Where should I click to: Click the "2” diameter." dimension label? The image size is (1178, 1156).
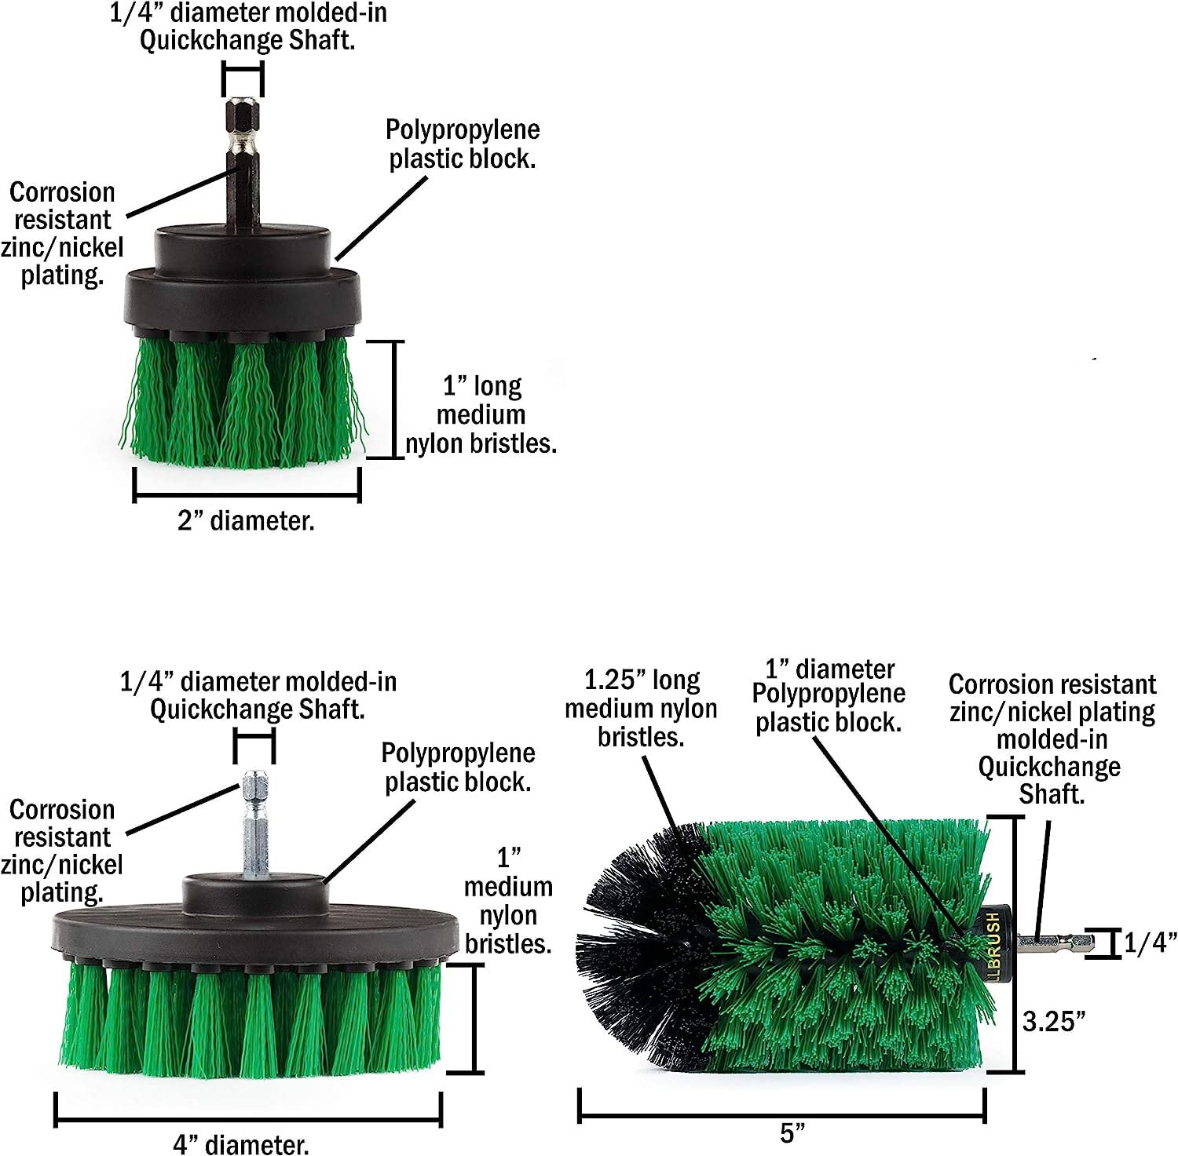[246, 520]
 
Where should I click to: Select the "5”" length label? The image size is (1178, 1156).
[793, 1132]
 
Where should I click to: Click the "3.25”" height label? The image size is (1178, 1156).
[1054, 1021]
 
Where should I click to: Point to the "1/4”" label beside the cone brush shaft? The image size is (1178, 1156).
[1150, 943]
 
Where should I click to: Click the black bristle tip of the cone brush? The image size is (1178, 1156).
[628, 942]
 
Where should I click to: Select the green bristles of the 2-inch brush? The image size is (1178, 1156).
[243, 400]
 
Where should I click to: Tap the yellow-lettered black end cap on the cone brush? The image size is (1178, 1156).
[993, 942]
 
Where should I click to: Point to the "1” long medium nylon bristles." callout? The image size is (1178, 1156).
[481, 414]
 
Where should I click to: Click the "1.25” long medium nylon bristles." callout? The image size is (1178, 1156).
[641, 708]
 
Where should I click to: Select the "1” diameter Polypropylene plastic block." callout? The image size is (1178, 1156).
[829, 695]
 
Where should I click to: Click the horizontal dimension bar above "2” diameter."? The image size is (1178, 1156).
[247, 496]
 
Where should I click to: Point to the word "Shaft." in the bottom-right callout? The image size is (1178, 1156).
[1052, 794]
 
